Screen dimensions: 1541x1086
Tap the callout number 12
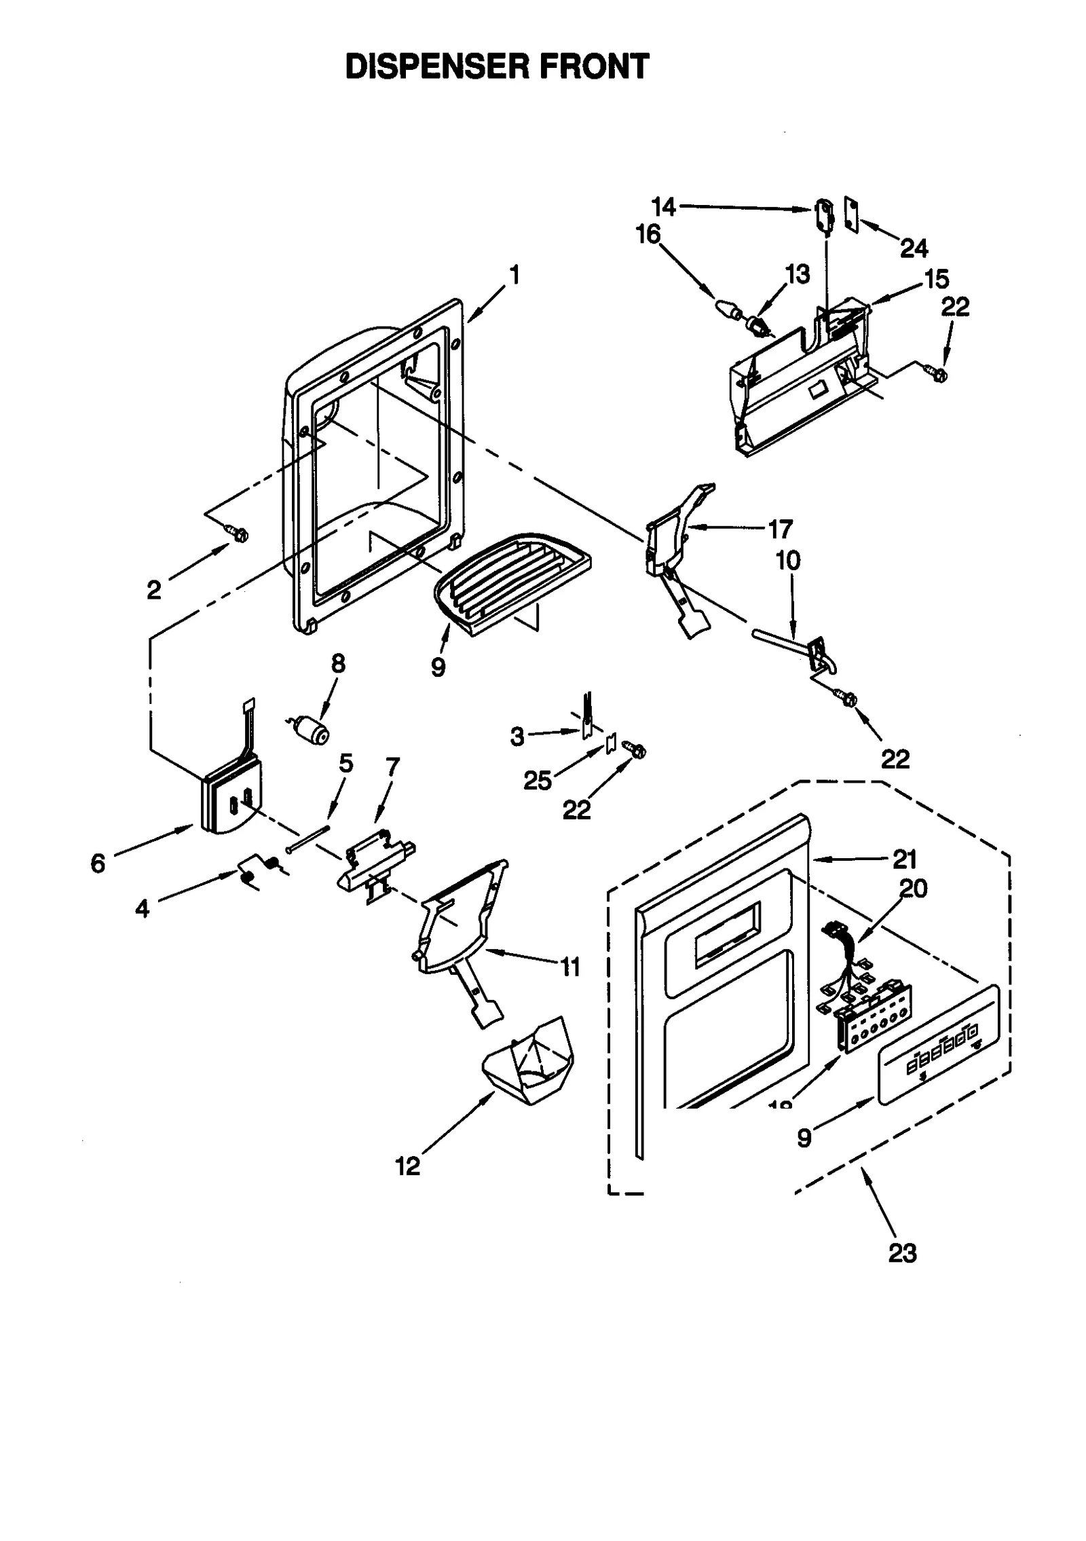407,1166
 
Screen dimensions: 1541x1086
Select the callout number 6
98,864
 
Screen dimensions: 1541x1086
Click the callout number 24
914,248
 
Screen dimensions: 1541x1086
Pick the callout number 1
515,275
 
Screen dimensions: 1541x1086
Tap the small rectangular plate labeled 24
851,215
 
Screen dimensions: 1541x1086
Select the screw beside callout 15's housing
937,372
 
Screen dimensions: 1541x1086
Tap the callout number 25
537,781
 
